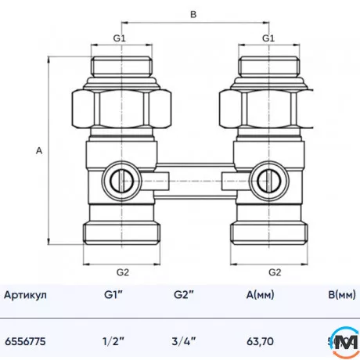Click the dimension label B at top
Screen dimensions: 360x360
(194, 14)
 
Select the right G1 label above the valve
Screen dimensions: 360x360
(268, 38)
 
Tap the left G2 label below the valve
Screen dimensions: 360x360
(123, 272)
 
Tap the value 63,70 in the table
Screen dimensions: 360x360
(258, 341)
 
